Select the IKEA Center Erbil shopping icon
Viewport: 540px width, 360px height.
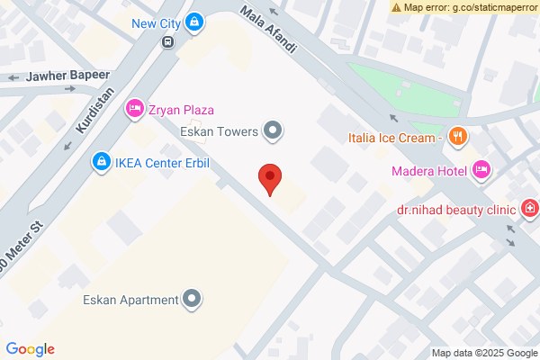(x=101, y=163)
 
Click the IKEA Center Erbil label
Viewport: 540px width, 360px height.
(x=157, y=163)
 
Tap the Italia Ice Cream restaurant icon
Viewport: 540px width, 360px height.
(x=458, y=138)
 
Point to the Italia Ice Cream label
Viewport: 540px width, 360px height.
(x=394, y=138)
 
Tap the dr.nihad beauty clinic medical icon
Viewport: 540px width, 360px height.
(x=530, y=210)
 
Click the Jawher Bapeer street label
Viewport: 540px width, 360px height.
(x=68, y=76)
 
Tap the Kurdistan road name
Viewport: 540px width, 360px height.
(x=85, y=112)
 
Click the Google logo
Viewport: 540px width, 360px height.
(x=30, y=349)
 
